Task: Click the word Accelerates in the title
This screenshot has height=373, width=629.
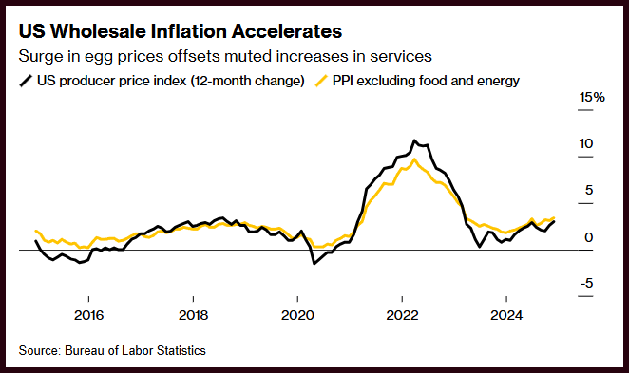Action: [x=286, y=31]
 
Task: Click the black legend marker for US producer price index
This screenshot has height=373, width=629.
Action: [x=26, y=81]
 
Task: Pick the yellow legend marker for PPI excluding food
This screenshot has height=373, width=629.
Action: [x=322, y=81]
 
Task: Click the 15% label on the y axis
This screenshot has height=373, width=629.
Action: [x=592, y=98]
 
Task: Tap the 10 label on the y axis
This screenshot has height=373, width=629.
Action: [x=586, y=144]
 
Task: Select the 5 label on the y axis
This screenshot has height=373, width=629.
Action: [x=589, y=191]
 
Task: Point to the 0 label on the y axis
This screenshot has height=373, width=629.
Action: [x=589, y=237]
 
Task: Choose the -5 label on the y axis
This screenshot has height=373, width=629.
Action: [x=586, y=284]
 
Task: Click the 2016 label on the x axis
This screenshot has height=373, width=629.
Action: [x=88, y=315]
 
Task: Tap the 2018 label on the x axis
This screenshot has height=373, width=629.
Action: [x=193, y=315]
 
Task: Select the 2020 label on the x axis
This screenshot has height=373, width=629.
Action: [x=297, y=315]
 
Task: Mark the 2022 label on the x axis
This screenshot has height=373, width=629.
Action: [x=402, y=315]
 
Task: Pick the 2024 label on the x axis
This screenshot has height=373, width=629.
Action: [x=506, y=315]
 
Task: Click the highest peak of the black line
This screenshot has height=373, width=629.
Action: [x=414, y=140]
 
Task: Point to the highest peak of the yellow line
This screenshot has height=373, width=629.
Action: [x=414, y=159]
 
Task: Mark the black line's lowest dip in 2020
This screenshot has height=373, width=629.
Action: [x=314, y=263]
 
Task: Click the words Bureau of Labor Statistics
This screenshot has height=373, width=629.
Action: [x=135, y=351]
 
